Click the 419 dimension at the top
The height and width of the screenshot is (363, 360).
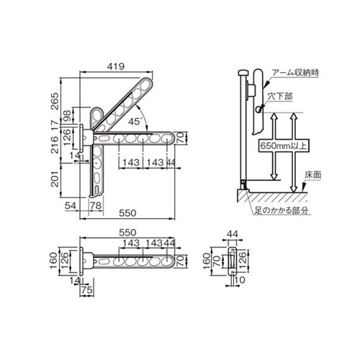[x=116, y=66]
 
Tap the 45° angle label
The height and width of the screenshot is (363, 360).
[x=135, y=122]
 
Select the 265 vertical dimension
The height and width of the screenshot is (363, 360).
[x=55, y=101]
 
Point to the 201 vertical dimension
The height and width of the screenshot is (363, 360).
[x=55, y=179]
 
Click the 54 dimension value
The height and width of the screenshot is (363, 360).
[x=71, y=206]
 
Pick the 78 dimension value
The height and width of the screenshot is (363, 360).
[x=96, y=206]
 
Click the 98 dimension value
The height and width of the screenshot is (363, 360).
[x=67, y=116]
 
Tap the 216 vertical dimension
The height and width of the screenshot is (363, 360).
[x=55, y=145]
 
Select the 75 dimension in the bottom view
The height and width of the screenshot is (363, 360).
[x=87, y=290]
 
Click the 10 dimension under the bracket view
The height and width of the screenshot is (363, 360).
[x=239, y=279]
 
